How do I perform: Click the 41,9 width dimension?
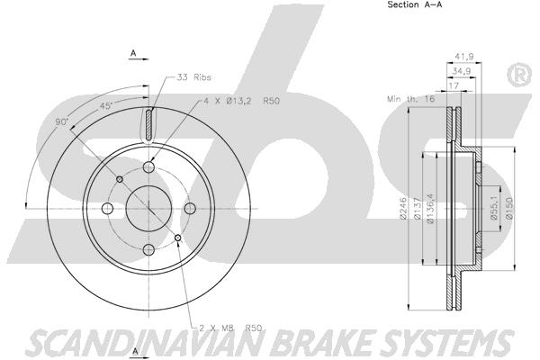(465, 56)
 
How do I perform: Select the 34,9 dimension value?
(461, 70)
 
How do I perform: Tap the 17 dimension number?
(454, 85)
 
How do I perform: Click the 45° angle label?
(106, 107)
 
